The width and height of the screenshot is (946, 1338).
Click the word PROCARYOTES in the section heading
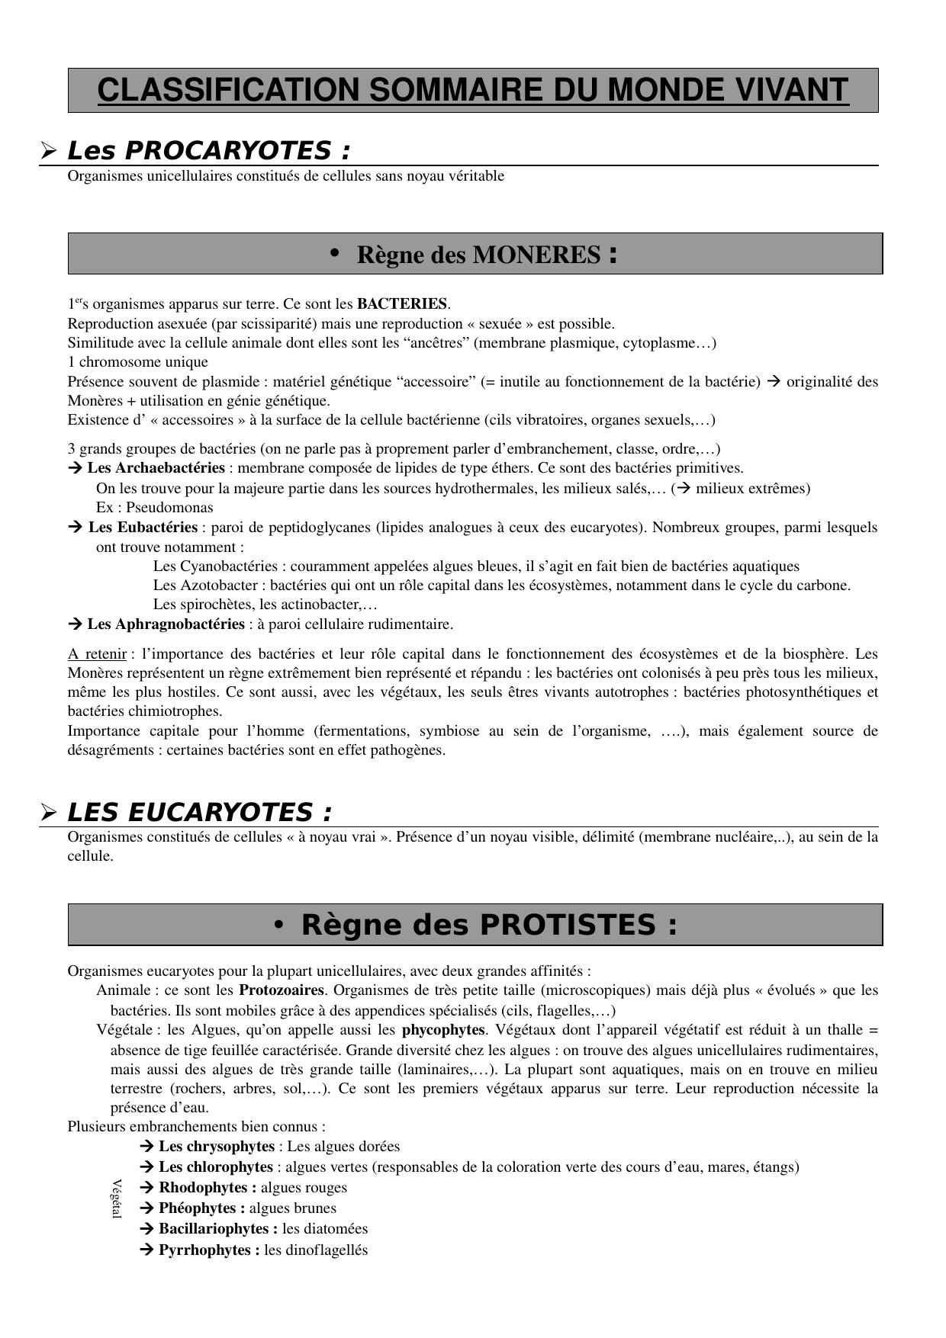(x=229, y=151)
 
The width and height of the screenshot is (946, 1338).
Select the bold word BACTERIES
(x=402, y=304)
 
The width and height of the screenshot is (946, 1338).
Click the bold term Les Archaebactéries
(x=156, y=468)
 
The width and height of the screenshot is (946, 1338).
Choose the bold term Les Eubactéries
(x=143, y=527)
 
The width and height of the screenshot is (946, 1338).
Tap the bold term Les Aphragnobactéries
(x=166, y=624)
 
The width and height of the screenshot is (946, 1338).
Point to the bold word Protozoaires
(x=282, y=990)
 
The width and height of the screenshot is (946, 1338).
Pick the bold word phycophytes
(x=443, y=1030)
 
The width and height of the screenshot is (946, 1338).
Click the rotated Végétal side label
(x=117, y=1198)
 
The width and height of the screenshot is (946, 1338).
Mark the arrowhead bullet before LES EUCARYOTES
(x=50, y=813)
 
